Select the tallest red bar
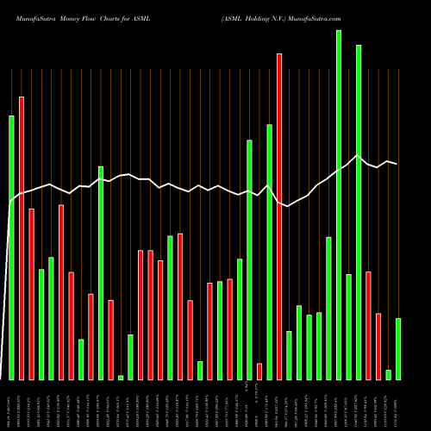click(x=279, y=216)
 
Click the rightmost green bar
click(x=398, y=349)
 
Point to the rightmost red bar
click(x=378, y=347)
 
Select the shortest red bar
click(x=259, y=372)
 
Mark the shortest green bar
click(x=121, y=378)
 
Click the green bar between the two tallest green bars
click(x=349, y=327)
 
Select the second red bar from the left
click(x=31, y=294)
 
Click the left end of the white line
click(x=9, y=203)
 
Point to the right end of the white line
click(x=397, y=164)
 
